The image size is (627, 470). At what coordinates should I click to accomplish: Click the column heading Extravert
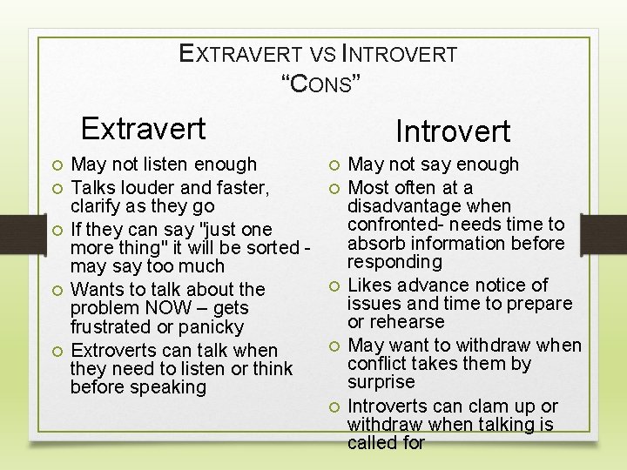point(143,129)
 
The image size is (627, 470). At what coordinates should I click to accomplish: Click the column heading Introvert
point(452,131)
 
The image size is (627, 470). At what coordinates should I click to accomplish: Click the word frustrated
point(113,327)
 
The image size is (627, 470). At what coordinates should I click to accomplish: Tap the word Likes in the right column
point(370,285)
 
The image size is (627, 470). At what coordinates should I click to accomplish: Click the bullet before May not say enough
point(334,164)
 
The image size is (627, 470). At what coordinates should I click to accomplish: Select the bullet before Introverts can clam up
point(334,406)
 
